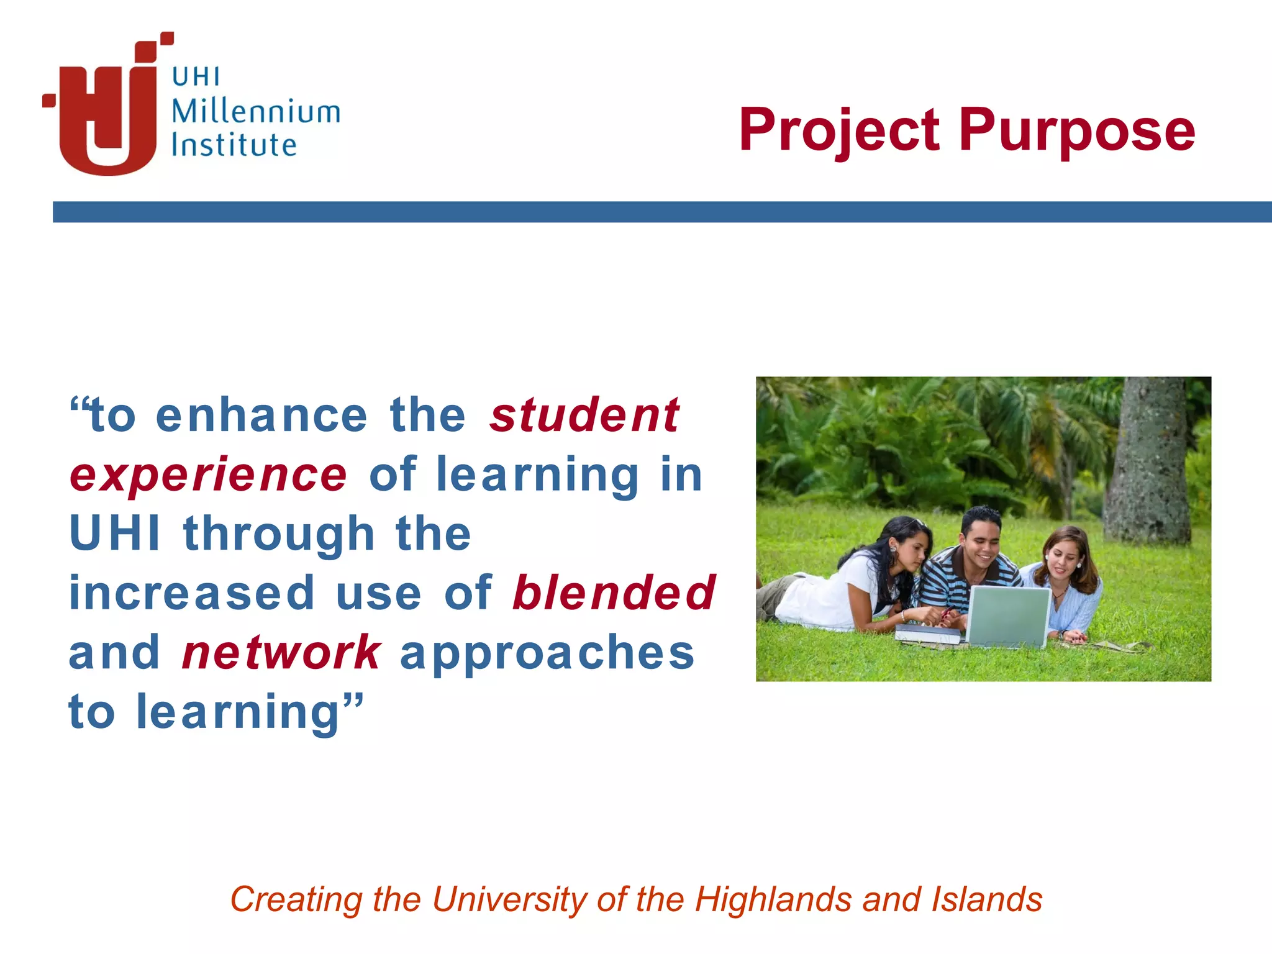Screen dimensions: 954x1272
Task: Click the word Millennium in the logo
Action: [255, 112]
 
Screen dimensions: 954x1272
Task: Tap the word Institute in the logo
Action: [234, 145]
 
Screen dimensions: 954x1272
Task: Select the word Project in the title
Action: [838, 130]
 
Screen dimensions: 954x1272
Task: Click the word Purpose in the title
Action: [1076, 130]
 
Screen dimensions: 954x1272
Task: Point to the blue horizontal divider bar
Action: [662, 212]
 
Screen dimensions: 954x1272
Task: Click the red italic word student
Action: [584, 416]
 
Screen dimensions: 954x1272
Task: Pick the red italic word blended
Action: [614, 593]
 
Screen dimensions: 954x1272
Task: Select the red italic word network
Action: [281, 653]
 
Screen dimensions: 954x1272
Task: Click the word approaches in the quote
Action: [547, 654]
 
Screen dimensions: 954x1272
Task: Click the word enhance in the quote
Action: [261, 416]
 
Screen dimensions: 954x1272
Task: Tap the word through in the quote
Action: [279, 534]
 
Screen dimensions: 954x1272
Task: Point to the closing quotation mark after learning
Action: [352, 704]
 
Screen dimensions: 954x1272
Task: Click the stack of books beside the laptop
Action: [928, 635]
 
